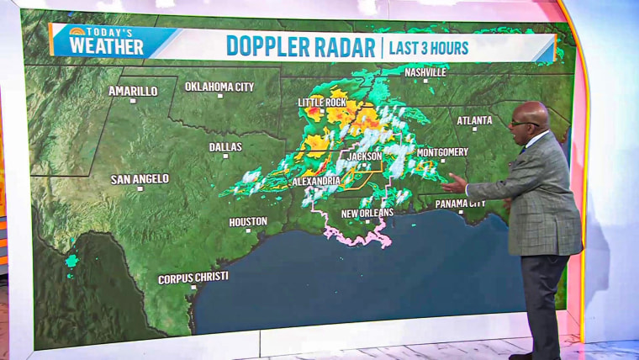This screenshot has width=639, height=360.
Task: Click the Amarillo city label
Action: [133, 91]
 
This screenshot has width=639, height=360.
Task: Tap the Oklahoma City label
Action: [219, 87]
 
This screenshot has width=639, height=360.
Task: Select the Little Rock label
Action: [322, 103]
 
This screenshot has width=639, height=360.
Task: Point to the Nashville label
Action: [425, 72]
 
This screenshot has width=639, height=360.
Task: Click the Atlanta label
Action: [474, 120]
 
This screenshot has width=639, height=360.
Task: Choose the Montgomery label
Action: [442, 152]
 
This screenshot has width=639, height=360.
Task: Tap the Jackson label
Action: [365, 156]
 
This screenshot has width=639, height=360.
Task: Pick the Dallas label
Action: [225, 146]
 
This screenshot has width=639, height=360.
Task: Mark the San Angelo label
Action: [140, 179]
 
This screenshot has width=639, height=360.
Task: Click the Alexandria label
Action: [316, 182]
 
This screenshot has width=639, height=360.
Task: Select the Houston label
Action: [248, 222]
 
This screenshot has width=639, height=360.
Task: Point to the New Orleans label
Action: [367, 213]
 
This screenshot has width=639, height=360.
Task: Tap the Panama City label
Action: [461, 204]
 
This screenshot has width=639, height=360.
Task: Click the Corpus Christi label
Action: [193, 278]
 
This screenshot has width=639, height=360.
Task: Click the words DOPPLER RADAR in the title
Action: [300, 46]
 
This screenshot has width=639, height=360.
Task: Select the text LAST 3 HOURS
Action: [428, 47]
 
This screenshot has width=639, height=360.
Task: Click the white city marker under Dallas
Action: [225, 156]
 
